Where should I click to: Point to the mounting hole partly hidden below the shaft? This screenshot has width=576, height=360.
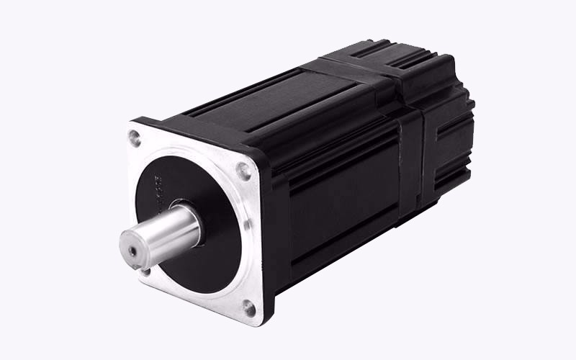(145, 271)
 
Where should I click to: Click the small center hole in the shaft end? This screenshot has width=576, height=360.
(131, 251)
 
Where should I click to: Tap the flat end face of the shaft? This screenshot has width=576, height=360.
(133, 248)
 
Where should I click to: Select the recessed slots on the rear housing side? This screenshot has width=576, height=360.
(443, 144)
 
